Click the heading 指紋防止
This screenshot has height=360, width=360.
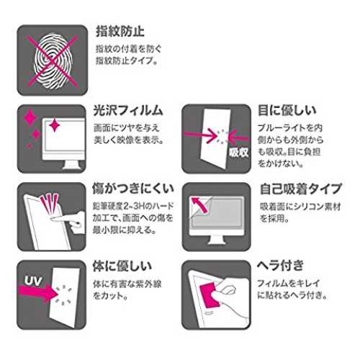click(120, 32)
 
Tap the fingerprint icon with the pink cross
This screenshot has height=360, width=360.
click(53, 60)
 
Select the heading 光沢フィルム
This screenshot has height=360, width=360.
click(128, 111)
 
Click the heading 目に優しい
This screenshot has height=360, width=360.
click(287, 111)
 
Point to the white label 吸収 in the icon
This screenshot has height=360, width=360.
click(238, 153)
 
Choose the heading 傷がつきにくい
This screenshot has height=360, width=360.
click(132, 189)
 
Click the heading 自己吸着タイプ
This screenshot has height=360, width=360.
click(300, 189)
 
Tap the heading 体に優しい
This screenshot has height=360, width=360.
click(122, 266)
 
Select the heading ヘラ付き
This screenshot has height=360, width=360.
click(280, 266)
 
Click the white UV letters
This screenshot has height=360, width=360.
click(33, 281)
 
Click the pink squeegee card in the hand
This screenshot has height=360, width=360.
click(210, 294)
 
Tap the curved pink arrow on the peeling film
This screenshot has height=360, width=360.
click(200, 204)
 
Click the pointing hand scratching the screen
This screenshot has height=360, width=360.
click(72, 221)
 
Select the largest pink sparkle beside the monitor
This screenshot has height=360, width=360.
click(30, 118)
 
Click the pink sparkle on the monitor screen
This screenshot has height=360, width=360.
click(55, 125)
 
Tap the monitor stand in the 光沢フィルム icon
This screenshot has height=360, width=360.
click(71, 165)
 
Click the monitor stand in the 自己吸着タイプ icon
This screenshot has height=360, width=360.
click(216, 240)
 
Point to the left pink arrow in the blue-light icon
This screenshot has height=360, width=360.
click(200, 135)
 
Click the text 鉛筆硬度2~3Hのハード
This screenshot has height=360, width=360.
click(132, 206)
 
